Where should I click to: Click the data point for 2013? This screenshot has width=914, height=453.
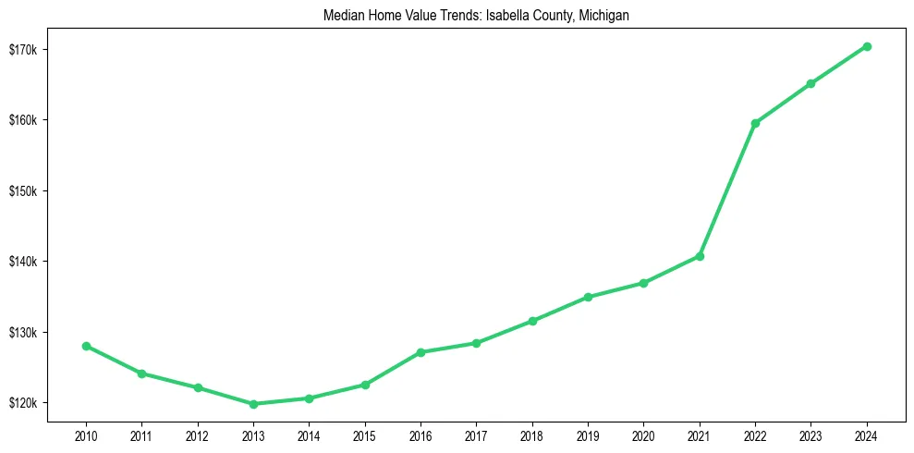pos(253,404)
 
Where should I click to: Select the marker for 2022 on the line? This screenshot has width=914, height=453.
pos(755,123)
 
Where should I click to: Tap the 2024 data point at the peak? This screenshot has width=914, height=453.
pos(867,46)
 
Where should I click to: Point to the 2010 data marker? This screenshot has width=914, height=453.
pos(86,346)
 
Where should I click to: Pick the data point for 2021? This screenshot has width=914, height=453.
pos(700,256)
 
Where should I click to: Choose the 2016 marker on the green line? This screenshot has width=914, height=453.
pos(420,352)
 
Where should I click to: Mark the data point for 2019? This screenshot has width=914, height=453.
pos(588,297)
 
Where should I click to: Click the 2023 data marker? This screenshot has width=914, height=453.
pos(810,83)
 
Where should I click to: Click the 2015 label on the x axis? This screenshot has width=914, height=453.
pos(365,434)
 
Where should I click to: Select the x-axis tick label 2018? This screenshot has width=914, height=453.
pos(532,434)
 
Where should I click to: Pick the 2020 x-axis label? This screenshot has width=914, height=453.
pos(643,434)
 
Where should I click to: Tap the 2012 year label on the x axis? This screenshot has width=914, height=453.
pos(198,434)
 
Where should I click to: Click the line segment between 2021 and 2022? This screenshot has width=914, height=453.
pos(727,190)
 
